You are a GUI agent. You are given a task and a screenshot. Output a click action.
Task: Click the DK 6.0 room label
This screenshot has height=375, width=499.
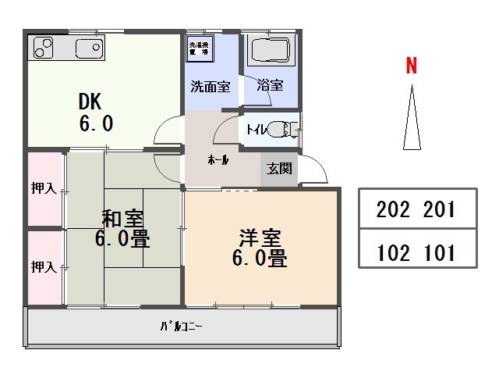click(96, 112)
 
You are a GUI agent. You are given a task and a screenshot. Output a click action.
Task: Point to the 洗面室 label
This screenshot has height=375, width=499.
click(211, 87)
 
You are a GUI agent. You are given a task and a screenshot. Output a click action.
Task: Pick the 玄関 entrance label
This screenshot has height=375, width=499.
click(278, 167)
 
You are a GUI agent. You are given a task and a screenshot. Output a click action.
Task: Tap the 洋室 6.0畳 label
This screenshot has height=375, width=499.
click(260, 247)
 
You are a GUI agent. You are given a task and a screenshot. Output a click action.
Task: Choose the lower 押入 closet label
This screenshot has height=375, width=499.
click(44, 267)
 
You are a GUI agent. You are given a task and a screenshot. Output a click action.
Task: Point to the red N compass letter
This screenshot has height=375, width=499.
click(411, 66)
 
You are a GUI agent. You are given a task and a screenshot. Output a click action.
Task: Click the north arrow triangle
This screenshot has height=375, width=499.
click(411, 121)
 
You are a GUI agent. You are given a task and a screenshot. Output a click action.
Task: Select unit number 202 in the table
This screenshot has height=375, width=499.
click(391, 209)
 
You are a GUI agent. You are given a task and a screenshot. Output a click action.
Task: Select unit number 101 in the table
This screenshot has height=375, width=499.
click(439, 253)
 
